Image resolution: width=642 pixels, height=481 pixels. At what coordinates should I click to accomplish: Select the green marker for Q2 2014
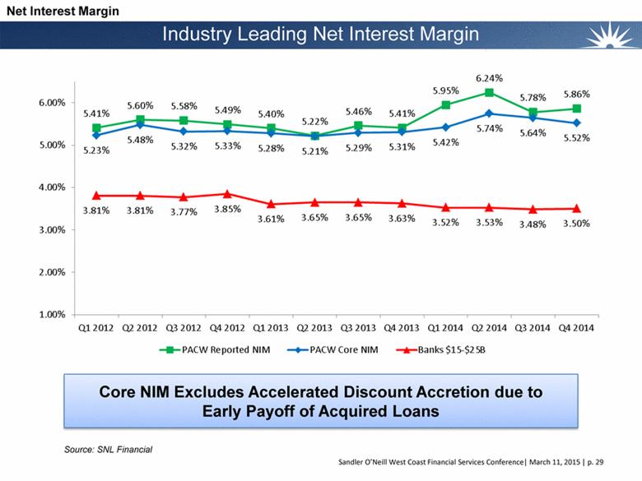pyautogui.click(x=489, y=92)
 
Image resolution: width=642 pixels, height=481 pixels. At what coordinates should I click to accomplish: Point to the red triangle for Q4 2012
pyautogui.click(x=229, y=194)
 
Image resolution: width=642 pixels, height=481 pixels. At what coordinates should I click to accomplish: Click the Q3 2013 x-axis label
pyautogui.click(x=359, y=328)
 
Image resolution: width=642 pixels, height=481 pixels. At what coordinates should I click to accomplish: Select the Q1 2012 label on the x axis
pyautogui.click(x=95, y=328)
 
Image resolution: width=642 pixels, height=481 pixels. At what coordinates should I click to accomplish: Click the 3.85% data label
pyautogui.click(x=229, y=209)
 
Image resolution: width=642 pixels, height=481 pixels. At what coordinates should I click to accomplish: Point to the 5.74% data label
pyautogui.click(x=490, y=128)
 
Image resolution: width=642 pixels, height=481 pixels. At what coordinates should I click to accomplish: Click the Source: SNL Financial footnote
pyautogui.click(x=109, y=449)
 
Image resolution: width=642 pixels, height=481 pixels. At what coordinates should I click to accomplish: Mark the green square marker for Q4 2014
pyautogui.click(x=577, y=109)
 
